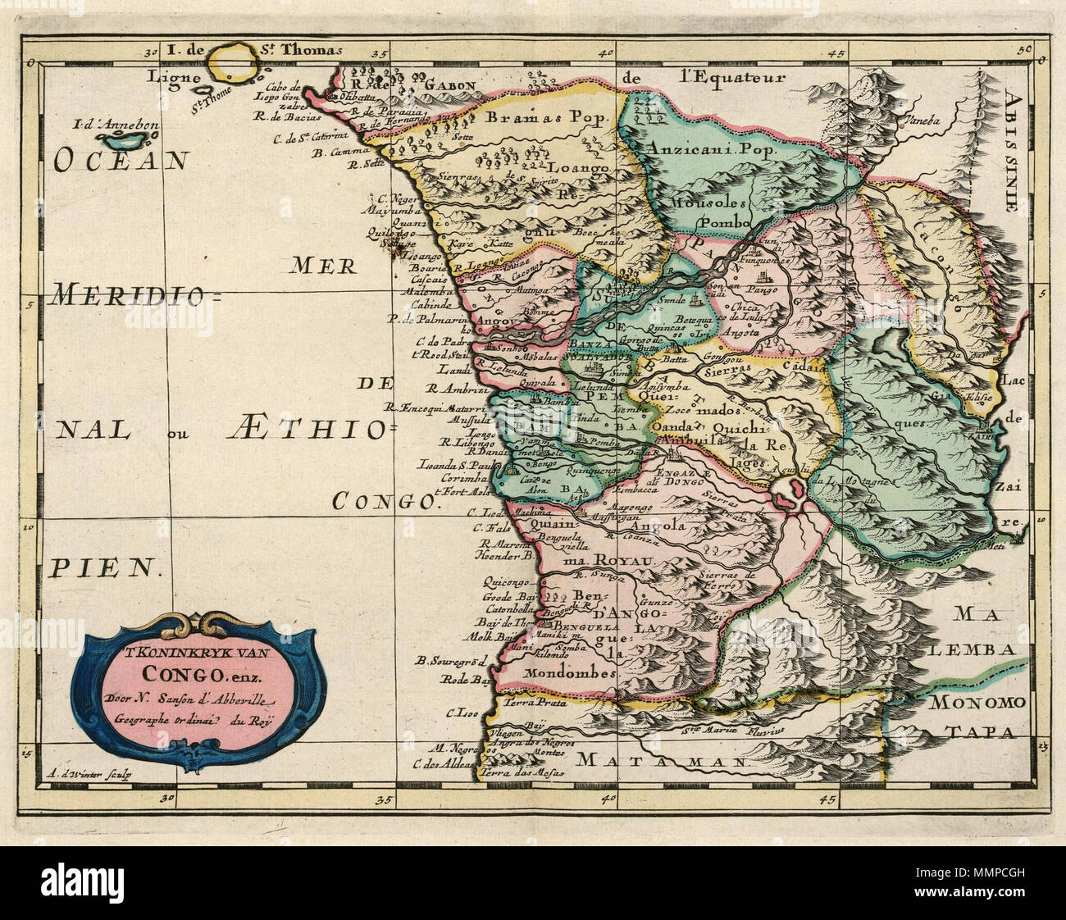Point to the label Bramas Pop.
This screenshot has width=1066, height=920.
[549, 117]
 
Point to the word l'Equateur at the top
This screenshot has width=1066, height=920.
[726, 79]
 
